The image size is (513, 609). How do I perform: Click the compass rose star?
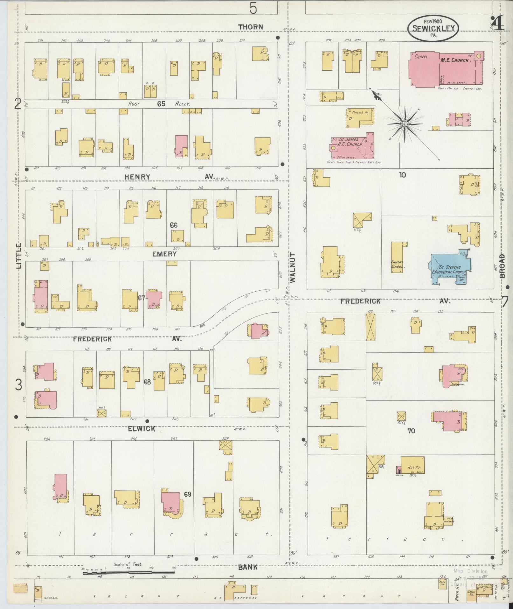[405, 124]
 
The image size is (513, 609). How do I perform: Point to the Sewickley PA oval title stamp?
[433, 28]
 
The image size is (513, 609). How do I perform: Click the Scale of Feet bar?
[128, 573]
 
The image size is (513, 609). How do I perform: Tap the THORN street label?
[251, 27]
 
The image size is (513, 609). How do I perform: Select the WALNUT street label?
[293, 268]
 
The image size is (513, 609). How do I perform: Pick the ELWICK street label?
[142, 429]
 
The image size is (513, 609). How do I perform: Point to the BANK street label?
[248, 567]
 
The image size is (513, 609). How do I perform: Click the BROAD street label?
[502, 266]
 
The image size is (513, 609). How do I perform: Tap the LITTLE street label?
[18, 257]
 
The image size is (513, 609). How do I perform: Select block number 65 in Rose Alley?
[161, 104]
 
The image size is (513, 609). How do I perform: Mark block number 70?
[411, 431]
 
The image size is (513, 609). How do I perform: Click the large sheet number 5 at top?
[253, 8]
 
